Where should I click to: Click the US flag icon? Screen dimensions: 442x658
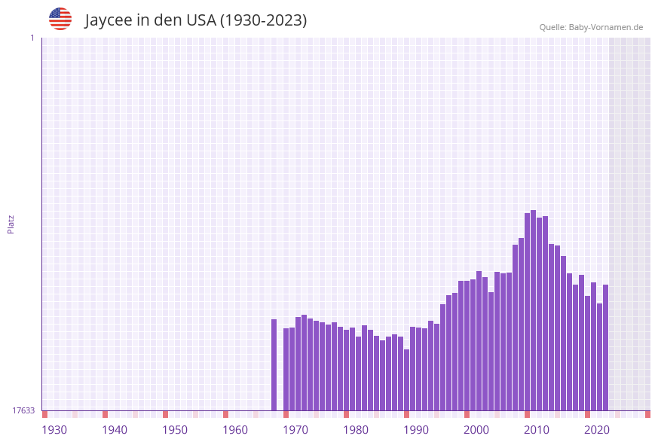click(60, 19)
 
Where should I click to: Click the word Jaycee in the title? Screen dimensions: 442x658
click(108, 20)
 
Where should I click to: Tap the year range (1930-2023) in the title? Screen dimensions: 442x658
click(263, 20)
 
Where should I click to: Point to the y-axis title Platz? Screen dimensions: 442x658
click(11, 224)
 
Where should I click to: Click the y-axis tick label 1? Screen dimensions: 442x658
click(32, 38)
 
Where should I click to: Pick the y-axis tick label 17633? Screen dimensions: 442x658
click(23, 410)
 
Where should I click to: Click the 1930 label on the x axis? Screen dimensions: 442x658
click(54, 430)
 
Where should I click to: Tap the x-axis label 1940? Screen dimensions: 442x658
click(115, 430)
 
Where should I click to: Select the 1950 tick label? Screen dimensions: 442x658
click(175, 430)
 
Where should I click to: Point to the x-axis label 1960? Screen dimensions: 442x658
click(235, 430)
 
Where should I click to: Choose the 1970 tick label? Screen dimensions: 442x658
click(295, 430)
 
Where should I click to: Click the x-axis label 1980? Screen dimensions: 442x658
click(356, 430)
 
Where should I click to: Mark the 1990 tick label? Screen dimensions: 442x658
click(416, 430)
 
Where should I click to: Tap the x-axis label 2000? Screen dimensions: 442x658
click(476, 430)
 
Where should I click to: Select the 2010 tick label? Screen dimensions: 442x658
click(537, 430)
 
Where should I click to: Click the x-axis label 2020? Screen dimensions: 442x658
click(597, 430)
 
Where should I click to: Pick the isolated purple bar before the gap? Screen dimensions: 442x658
click(274, 364)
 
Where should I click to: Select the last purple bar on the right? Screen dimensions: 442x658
click(605, 347)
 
